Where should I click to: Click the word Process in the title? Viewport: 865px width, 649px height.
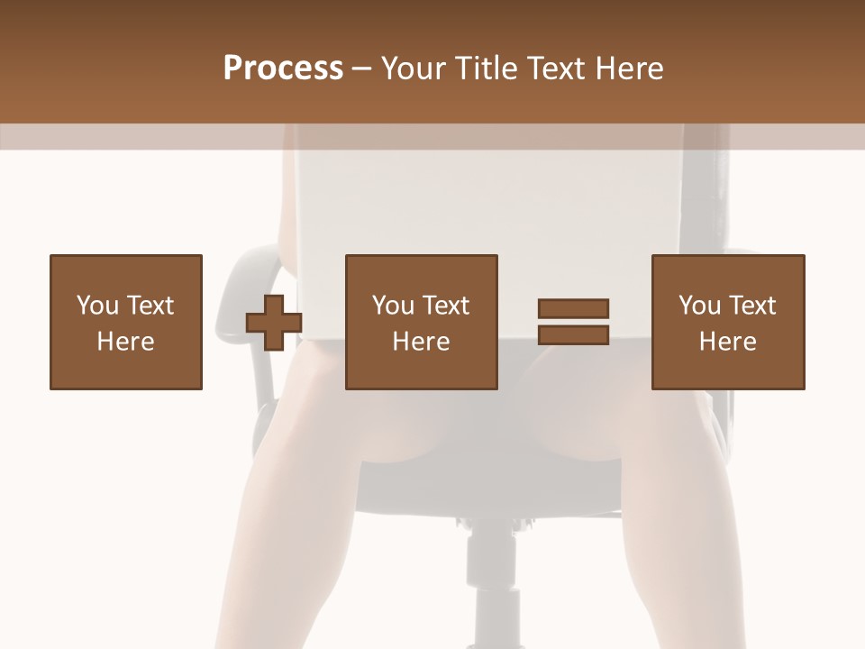(x=283, y=69)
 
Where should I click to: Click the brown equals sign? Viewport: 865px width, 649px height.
(x=573, y=322)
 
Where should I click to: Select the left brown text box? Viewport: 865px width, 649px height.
(x=126, y=322)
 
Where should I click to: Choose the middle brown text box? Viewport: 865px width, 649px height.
(x=422, y=322)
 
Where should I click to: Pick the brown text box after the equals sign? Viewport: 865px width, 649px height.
(x=728, y=322)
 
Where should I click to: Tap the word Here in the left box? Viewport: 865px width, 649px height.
(x=126, y=342)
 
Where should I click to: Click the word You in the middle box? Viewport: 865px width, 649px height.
(x=393, y=306)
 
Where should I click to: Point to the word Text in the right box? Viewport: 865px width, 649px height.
(x=751, y=306)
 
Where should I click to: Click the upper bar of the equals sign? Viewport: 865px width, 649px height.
(x=573, y=308)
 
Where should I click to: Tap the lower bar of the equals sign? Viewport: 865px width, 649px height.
(x=573, y=334)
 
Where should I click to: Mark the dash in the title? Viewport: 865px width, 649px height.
(x=362, y=69)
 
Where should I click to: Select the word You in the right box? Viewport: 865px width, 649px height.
(x=699, y=306)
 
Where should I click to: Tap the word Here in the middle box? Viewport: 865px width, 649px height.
(x=422, y=342)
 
